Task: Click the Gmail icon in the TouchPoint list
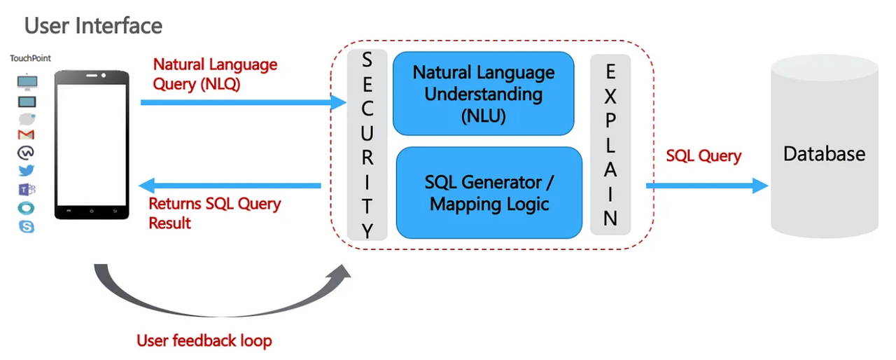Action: click(x=27, y=134)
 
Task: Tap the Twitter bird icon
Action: click(x=27, y=170)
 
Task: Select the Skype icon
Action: click(x=27, y=226)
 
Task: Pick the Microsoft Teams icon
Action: click(x=27, y=189)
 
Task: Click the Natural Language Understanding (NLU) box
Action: click(x=483, y=94)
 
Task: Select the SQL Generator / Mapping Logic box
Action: click(x=489, y=193)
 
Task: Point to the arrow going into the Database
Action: click(x=707, y=186)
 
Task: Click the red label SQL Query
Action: click(x=703, y=156)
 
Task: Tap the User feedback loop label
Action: click(x=204, y=341)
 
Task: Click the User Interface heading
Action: click(x=93, y=26)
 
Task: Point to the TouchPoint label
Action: click(x=30, y=59)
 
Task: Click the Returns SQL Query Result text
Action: click(x=214, y=213)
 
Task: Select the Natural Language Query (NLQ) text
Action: click(x=215, y=74)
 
